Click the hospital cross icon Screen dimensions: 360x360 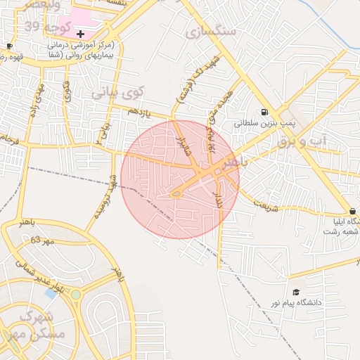click(x=81, y=33)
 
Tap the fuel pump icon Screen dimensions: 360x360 click(x=264, y=111)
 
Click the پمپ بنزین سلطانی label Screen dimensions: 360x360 click(x=262, y=122)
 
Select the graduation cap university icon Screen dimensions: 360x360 click(x=296, y=292)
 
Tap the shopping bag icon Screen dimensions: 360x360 click(x=352, y=211)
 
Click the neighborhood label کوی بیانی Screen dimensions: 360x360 click(x=117, y=91)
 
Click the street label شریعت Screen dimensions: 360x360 click(x=266, y=205)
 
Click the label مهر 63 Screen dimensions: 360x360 click(x=42, y=241)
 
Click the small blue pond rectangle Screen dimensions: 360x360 click(x=50, y=292)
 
